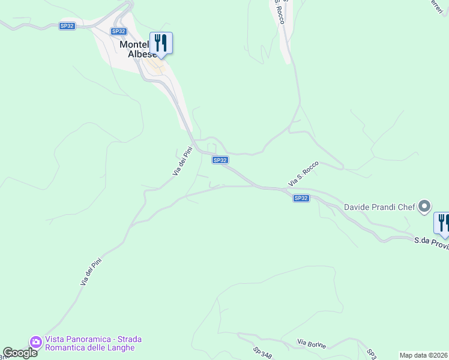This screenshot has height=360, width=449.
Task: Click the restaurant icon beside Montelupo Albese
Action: click(161, 43)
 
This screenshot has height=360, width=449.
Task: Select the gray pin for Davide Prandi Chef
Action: click(424, 207)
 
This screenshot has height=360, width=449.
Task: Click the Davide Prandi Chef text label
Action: click(379, 208)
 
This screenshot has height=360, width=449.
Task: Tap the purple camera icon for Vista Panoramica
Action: click(35, 341)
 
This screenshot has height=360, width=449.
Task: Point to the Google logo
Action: click(20, 353)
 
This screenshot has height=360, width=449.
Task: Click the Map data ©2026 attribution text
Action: click(423, 355)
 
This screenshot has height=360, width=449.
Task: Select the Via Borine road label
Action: click(312, 343)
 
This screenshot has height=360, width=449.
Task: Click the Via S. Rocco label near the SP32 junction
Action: click(303, 174)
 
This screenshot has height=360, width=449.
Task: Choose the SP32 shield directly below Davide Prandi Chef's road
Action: click(301, 198)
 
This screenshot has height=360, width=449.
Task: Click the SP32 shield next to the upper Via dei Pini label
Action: click(220, 160)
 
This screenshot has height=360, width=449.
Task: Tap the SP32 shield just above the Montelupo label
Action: click(119, 31)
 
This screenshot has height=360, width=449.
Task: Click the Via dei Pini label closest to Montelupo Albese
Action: click(182, 161)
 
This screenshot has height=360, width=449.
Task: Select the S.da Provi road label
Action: click(431, 242)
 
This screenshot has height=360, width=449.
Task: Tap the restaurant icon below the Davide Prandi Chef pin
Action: click(442, 223)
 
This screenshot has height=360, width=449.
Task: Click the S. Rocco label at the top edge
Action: click(279, 11)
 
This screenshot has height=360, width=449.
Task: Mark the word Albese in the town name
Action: click(142, 53)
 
